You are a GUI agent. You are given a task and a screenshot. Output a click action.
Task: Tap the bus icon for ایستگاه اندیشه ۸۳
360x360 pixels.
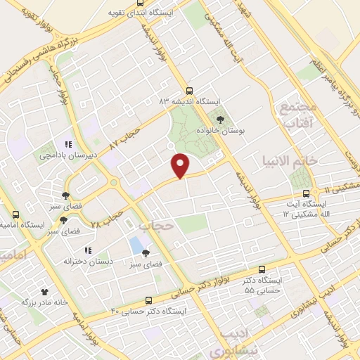pos(188,91)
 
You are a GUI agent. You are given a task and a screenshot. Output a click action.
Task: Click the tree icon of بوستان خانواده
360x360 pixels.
pos(221,120)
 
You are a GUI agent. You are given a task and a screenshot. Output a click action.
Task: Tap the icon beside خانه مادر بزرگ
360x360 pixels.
pos(46,290)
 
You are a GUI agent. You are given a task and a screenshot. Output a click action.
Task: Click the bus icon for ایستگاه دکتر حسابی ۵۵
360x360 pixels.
pos(262,269)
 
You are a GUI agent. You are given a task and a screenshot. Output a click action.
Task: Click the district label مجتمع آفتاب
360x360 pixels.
pos(300,115)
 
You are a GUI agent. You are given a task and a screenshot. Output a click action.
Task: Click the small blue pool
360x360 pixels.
pos(134,245)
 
